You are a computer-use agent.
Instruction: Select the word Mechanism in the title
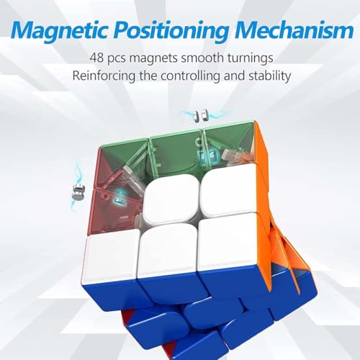coord(297,31)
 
